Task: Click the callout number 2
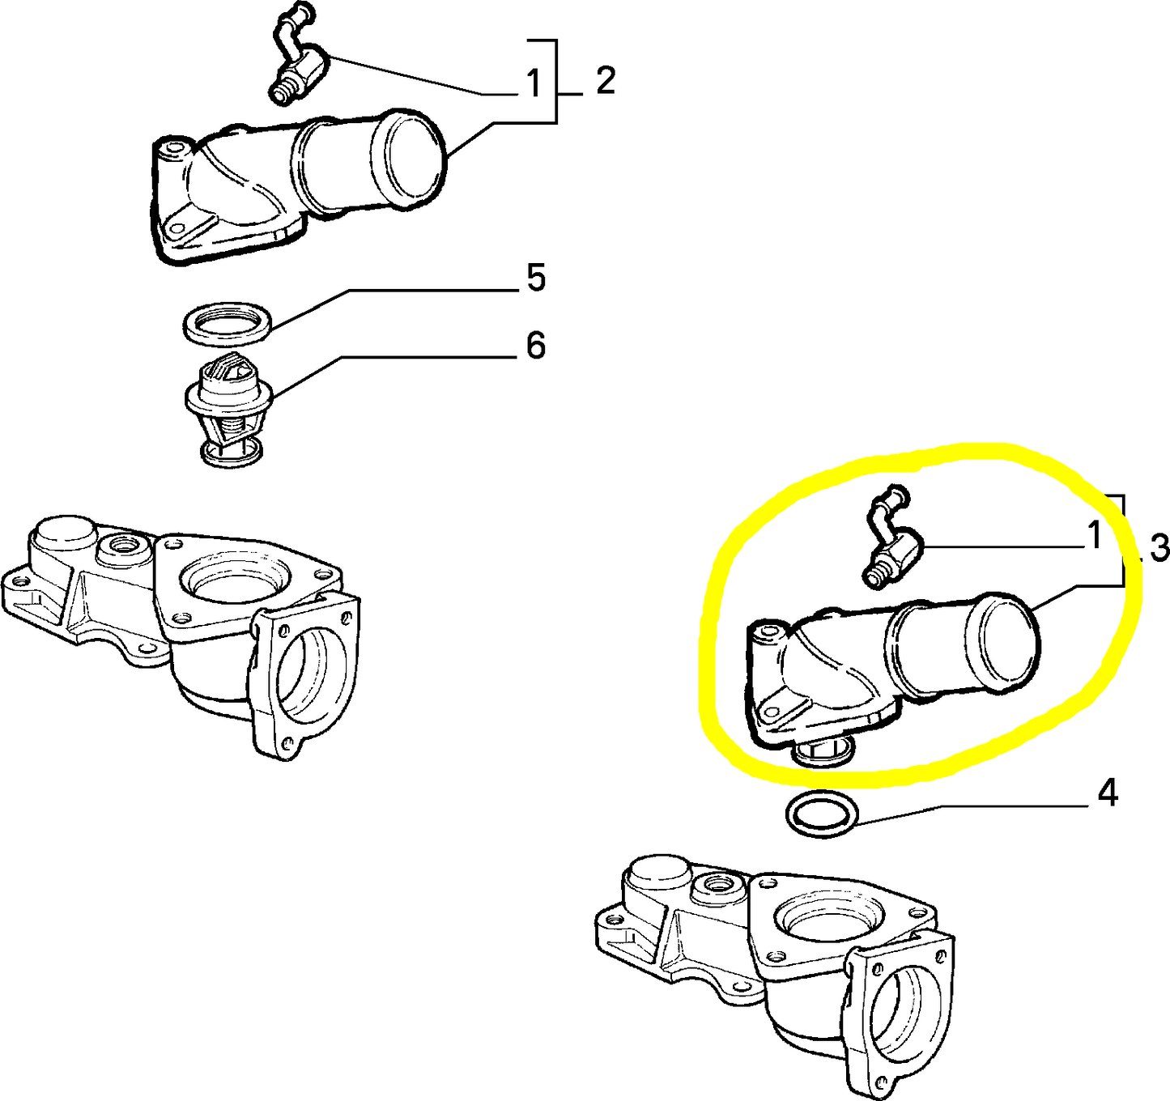tap(605, 81)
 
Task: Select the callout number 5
tap(536, 278)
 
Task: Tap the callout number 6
tap(536, 346)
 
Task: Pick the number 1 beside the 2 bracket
tap(532, 83)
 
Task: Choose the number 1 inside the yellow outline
tap(1094, 536)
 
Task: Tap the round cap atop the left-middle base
tap(62, 533)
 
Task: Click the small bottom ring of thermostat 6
tap(232, 454)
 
